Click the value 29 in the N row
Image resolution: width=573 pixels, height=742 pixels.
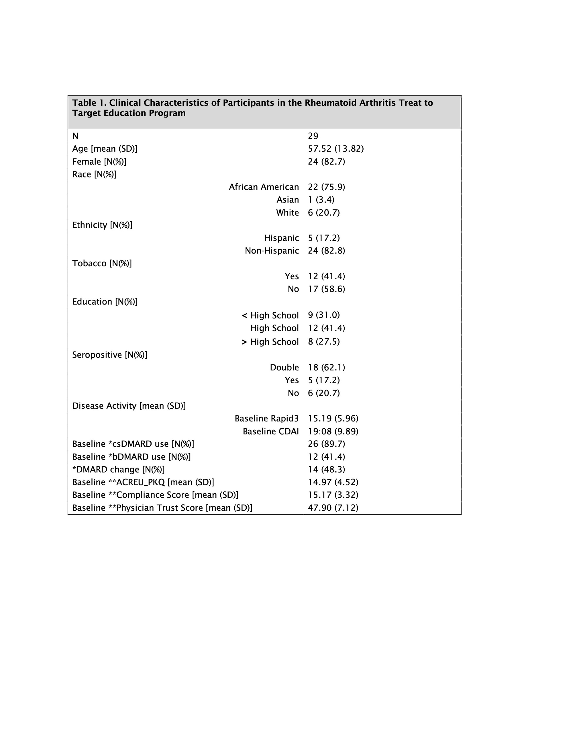coord(313,136)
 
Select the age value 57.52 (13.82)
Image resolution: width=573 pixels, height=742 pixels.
coord(335,149)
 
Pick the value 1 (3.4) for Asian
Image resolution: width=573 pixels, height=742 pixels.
coord(321,200)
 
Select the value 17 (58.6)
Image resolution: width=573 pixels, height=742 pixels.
coord(326,289)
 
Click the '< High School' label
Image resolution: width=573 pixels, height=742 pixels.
coord(270,315)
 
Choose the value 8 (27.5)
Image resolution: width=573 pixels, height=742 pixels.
coord(323,341)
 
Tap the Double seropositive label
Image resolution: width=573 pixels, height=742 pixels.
coord(284,367)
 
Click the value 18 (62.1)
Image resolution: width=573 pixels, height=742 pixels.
coord(326,367)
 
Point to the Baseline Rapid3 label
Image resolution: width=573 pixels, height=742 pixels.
coord(266,418)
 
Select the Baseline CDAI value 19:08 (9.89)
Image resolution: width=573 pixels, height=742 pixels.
coord(333,431)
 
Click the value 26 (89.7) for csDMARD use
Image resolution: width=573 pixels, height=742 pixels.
coord(326,444)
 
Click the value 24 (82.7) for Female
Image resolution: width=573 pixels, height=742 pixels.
coord(326,161)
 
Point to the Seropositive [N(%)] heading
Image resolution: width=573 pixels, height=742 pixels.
coord(110,355)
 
